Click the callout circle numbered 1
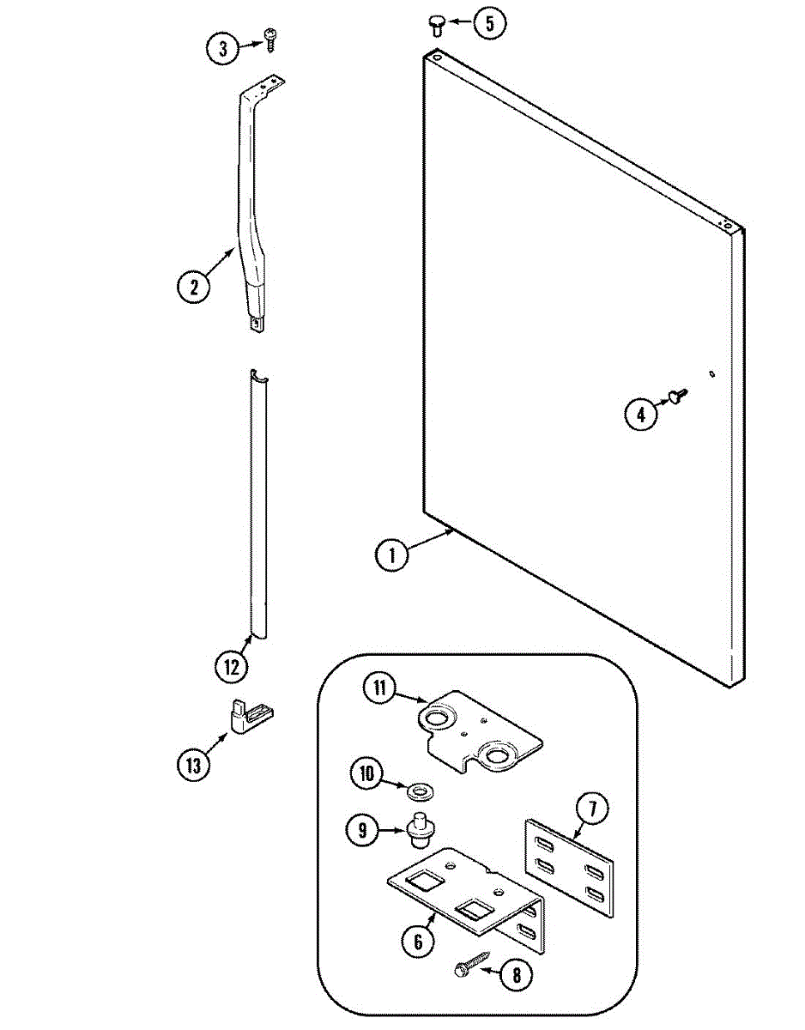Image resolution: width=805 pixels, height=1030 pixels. pos(391,555)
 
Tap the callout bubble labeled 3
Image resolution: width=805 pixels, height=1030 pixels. pos(223,49)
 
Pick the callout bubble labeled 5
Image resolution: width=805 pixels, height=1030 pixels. pos(489,23)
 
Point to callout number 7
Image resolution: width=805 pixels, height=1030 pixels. pos(593,809)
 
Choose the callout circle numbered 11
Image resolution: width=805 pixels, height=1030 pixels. pos(379,688)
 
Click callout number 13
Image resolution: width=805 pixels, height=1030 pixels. pos(194,764)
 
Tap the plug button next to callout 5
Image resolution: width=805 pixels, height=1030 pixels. pos(435,27)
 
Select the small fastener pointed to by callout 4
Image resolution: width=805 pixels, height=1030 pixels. pos(676,394)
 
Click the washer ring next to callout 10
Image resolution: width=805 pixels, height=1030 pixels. pos(422,788)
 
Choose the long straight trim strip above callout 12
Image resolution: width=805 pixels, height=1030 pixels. pos(257,506)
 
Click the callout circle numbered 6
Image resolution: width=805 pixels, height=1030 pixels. pos(417,941)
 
